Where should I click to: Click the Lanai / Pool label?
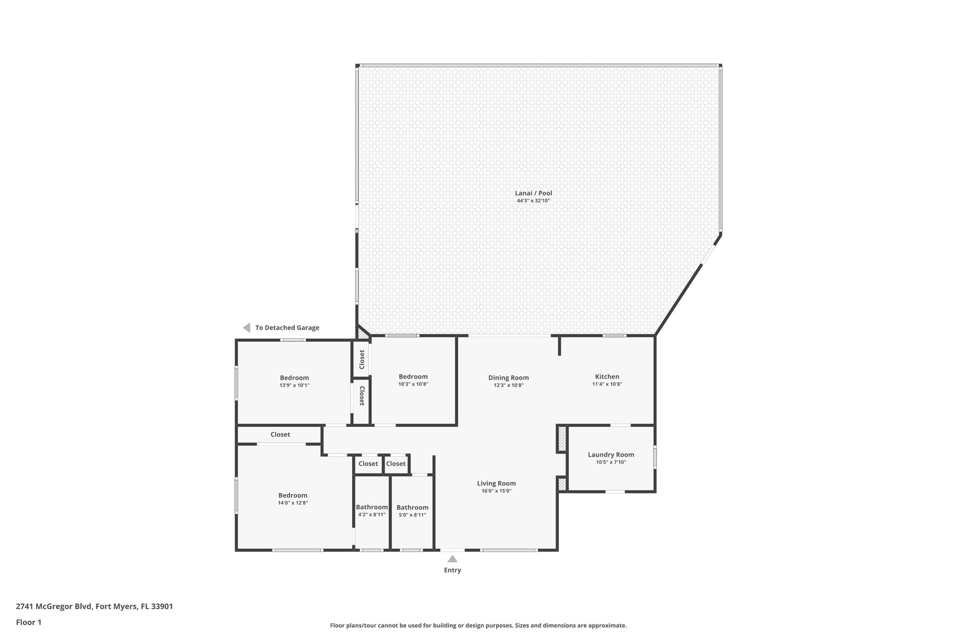(533, 193)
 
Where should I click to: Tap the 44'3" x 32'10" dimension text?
(533, 201)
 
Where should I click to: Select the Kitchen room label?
(607, 377)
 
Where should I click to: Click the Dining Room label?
(508, 378)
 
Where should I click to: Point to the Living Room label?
(496, 483)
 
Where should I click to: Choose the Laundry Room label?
(611, 454)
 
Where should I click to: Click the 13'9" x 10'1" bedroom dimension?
(294, 386)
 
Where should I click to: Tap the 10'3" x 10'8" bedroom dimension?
(413, 384)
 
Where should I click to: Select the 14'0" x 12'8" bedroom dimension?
(293, 503)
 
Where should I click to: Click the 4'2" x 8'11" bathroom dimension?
(371, 515)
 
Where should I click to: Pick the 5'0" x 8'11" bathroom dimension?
(412, 515)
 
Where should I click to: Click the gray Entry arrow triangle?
(452, 559)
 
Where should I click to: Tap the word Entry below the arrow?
(452, 570)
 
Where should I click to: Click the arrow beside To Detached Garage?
(247, 328)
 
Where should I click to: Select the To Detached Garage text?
(287, 328)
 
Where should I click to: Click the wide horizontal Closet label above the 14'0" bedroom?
(280, 435)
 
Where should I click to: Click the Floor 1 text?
(29, 622)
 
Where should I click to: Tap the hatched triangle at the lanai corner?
(362, 333)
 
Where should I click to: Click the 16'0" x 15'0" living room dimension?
(496, 491)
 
